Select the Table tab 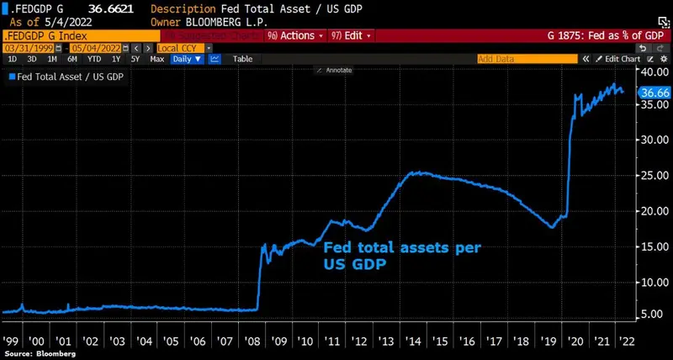click(242, 59)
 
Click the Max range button click(157, 59)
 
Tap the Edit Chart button click(622, 59)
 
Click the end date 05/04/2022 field click(75, 48)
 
